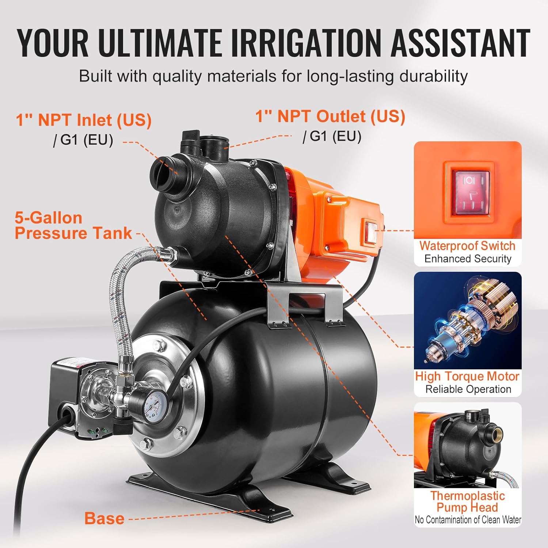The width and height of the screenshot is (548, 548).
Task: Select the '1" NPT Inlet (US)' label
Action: [84, 120]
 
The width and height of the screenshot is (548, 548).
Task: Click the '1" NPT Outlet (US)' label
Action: [330, 116]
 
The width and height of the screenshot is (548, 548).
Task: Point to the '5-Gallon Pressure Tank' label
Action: [73, 225]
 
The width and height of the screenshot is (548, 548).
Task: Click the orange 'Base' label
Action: [104, 518]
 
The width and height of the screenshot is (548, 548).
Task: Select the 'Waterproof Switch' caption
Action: [467, 246]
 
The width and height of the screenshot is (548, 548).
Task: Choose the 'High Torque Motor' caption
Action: [467, 376]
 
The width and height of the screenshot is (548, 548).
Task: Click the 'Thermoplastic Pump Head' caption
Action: [467, 502]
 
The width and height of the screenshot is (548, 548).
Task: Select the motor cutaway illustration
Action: [468, 320]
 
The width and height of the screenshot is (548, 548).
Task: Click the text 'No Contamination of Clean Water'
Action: [468, 520]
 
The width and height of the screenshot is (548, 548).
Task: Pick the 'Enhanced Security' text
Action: [468, 259]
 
